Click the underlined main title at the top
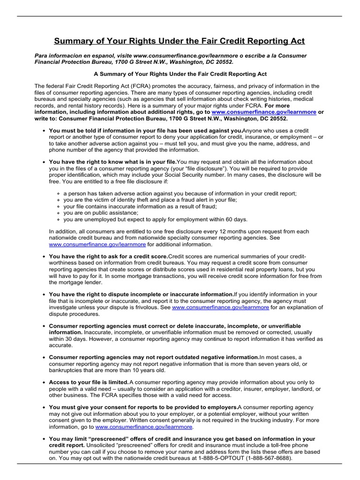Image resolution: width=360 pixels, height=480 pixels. (180, 41)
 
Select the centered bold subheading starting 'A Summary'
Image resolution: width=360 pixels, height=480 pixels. (180, 74)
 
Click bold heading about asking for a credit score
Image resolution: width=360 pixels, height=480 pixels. (108, 257)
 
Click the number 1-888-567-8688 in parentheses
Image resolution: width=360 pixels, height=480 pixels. (270, 459)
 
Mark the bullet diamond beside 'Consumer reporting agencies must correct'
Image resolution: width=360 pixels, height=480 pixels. (44, 326)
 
